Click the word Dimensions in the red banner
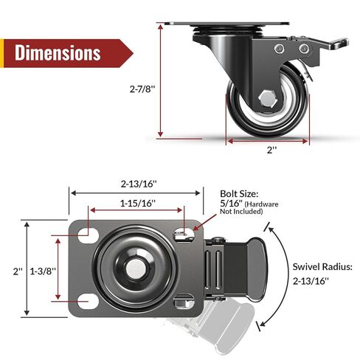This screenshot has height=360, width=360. (58, 53)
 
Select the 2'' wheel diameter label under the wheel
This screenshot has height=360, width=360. (272, 149)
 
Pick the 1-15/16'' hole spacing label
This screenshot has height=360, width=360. (136, 201)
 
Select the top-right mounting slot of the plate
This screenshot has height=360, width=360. (181, 233)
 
